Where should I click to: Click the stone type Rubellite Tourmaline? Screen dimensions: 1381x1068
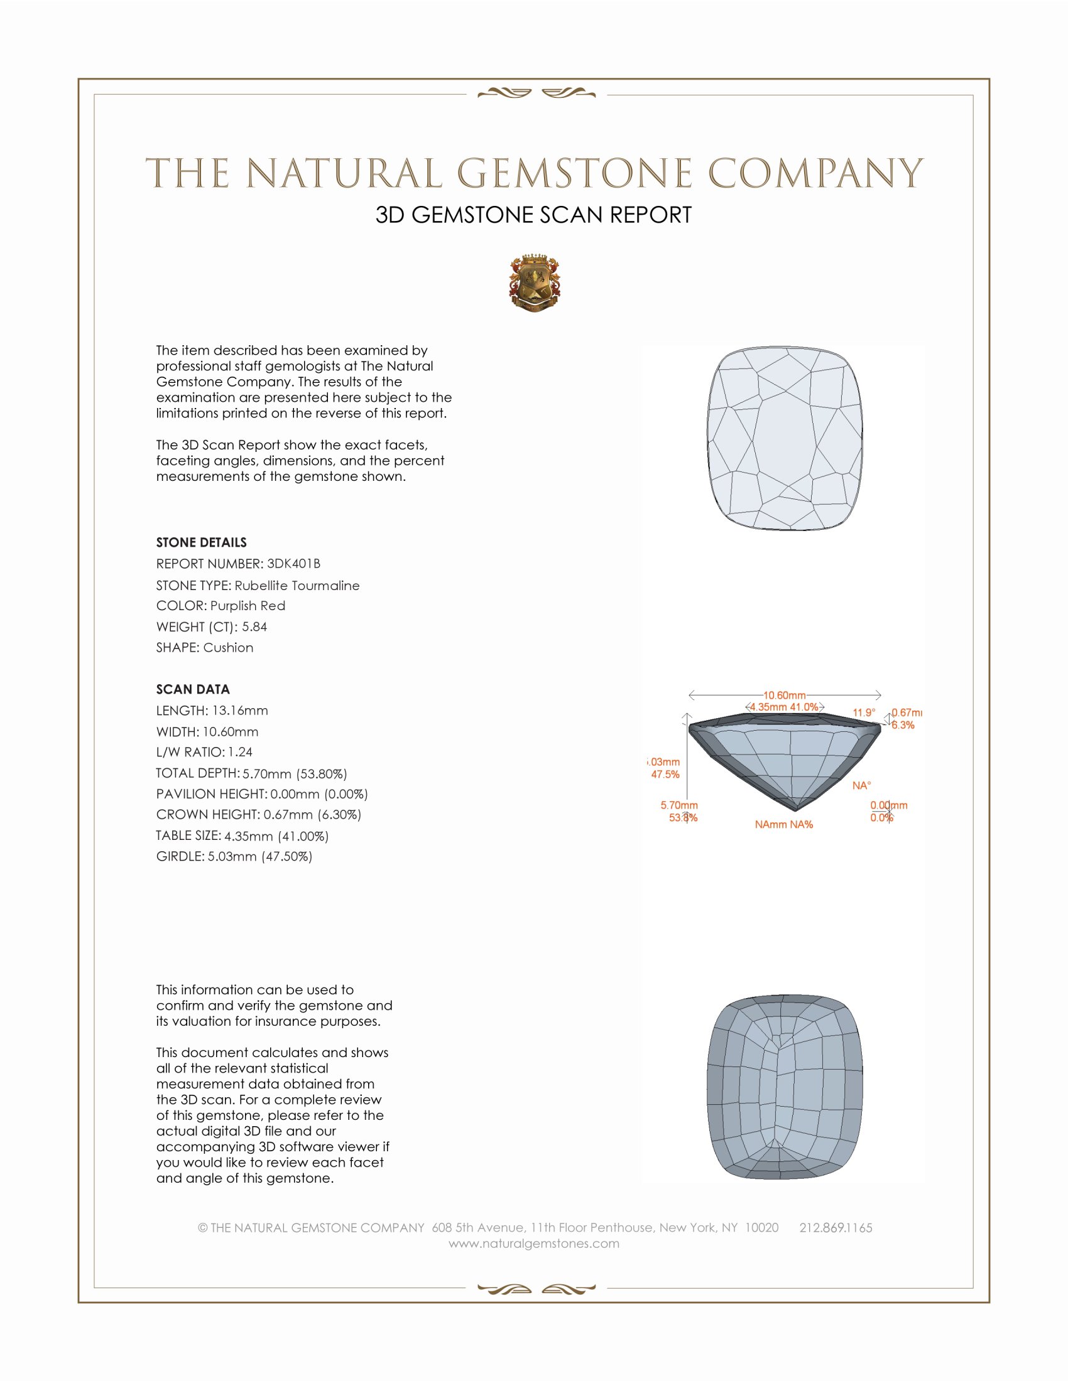click(297, 586)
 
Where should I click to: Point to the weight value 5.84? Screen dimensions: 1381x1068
click(254, 626)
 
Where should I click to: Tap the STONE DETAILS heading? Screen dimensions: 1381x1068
click(201, 542)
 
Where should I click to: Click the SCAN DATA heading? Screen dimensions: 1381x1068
click(193, 689)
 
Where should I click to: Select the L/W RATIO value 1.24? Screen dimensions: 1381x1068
click(241, 752)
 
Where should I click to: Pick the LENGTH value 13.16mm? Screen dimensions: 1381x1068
click(240, 711)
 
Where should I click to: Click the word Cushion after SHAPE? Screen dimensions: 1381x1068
click(229, 648)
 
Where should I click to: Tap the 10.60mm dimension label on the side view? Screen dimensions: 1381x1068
click(784, 696)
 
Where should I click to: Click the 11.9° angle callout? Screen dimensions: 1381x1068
click(864, 712)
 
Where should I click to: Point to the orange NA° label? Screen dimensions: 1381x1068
click(861, 785)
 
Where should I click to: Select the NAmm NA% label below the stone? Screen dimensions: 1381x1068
click(783, 825)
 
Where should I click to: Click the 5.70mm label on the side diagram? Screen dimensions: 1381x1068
click(679, 805)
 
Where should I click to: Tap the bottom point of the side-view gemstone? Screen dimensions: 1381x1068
click(795, 809)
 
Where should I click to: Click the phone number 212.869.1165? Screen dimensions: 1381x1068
click(835, 1228)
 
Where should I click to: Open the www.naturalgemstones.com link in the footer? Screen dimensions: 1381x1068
click(534, 1244)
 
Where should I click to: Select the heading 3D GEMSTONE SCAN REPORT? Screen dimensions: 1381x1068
click(533, 215)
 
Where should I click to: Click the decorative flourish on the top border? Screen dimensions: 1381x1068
click(536, 94)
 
